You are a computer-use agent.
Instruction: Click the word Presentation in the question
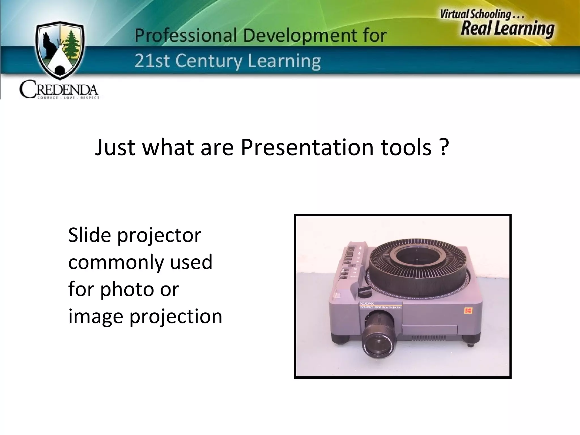[x=307, y=148]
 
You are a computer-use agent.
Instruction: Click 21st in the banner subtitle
[x=150, y=61]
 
